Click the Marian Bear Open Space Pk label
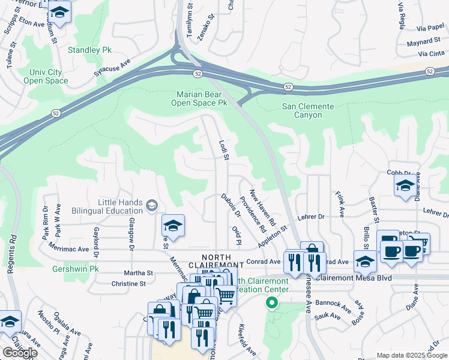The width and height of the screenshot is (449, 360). pos(202,98)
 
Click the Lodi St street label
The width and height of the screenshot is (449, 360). pos(224,151)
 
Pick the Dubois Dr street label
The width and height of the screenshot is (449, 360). pos(230,205)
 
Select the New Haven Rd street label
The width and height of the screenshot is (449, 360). pos(262,207)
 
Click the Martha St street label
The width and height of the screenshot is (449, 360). pos(139,272)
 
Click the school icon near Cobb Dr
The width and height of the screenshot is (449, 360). pos(405,186)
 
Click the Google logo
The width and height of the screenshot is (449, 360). pos(20,353)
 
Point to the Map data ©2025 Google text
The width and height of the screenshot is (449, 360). pos(412,355)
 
